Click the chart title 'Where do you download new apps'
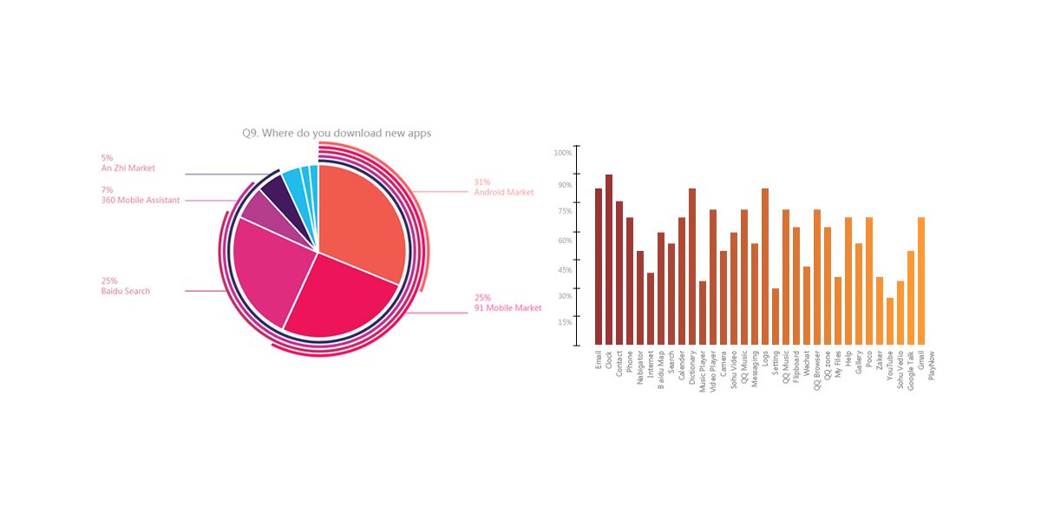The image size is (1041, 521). (337, 133)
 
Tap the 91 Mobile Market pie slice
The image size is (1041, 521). (338, 300)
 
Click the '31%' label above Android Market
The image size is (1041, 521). (482, 182)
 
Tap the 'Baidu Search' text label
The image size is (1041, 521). (125, 291)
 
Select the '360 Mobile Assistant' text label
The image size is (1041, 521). (141, 200)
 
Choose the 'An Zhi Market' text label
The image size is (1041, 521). (128, 168)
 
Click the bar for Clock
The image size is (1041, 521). (609, 260)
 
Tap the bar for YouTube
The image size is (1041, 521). (890, 321)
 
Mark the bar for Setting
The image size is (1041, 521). (776, 317)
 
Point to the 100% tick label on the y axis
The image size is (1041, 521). (563, 153)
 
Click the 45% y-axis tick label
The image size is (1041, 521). (565, 270)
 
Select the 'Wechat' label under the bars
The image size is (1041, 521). (807, 363)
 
